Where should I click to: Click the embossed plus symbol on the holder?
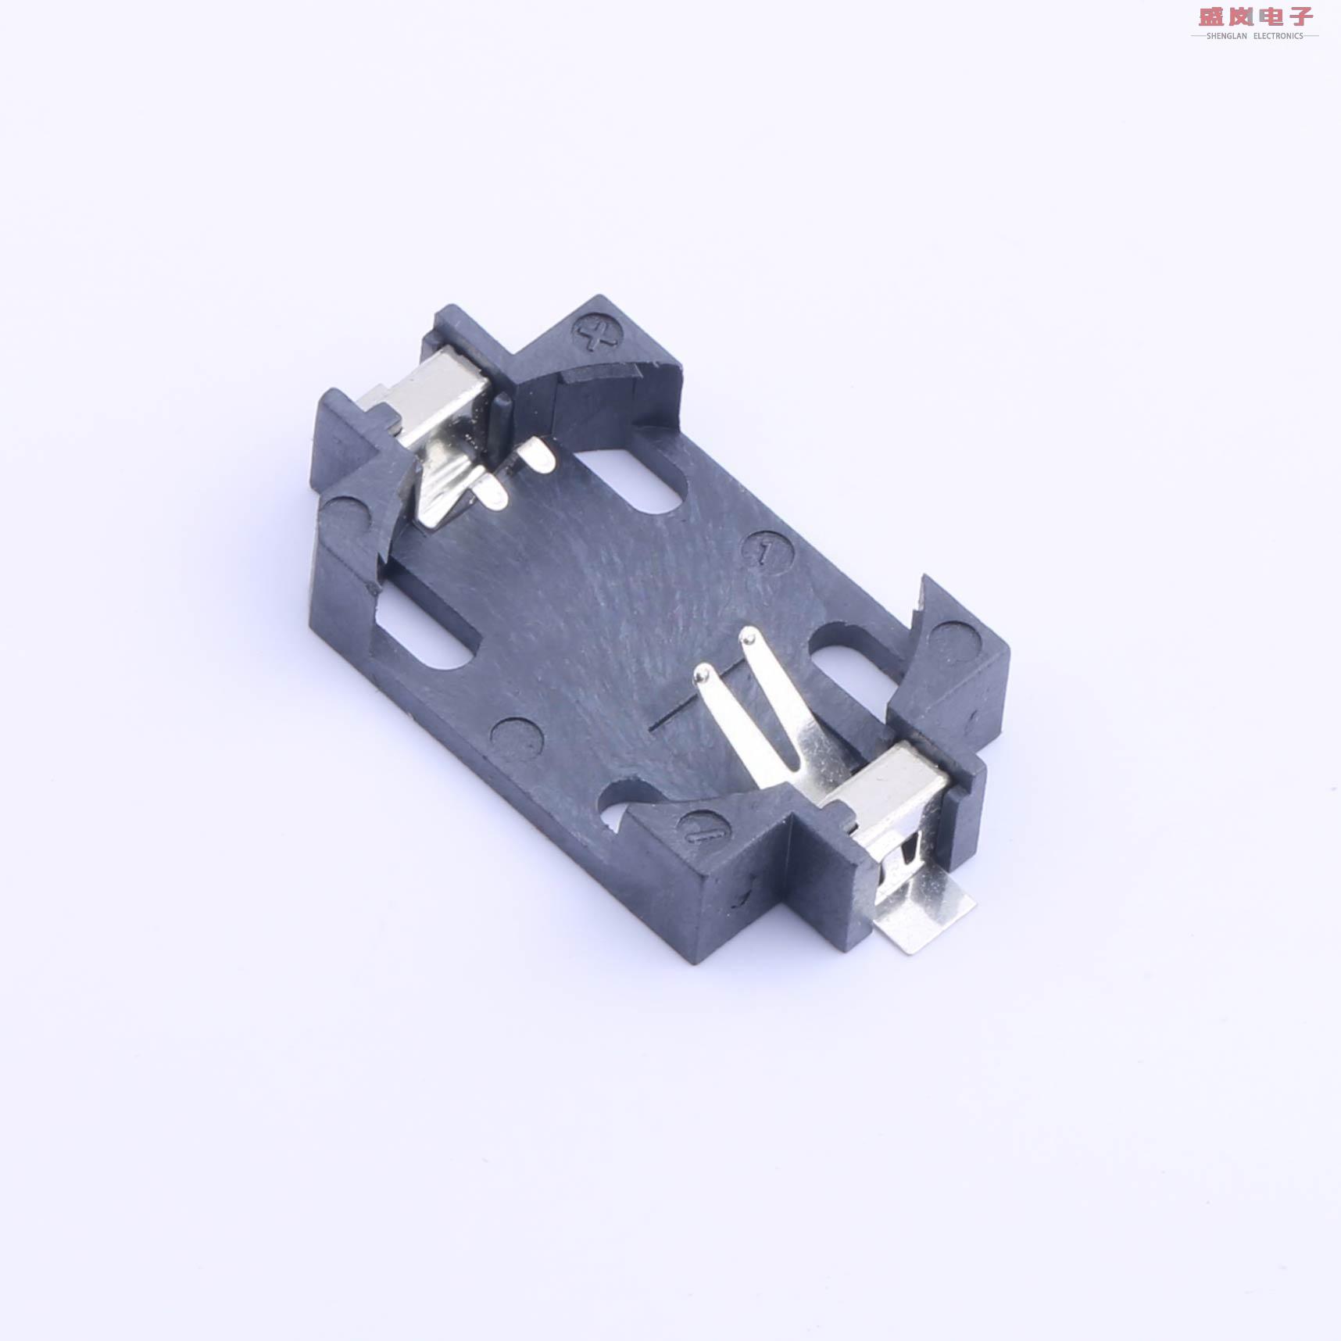coord(598,335)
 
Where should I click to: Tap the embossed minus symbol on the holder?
coord(706,832)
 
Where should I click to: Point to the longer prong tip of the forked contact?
coord(749,637)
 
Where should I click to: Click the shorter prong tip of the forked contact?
coord(703,674)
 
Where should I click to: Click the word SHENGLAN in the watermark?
coord(1226,36)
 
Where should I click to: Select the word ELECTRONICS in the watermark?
coord(1278,36)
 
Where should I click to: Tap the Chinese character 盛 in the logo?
coord(1211,16)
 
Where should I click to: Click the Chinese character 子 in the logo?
coord(1301,16)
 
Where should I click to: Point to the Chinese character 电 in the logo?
coord(1271,16)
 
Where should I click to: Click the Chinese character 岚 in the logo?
coord(1241,16)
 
